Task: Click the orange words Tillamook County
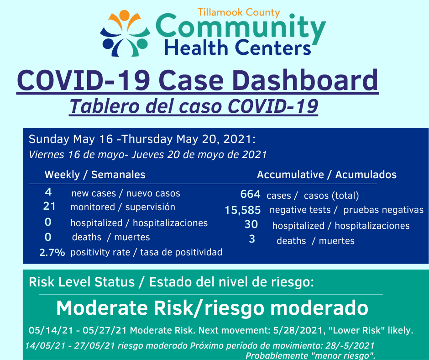pyautogui.click(x=239, y=12)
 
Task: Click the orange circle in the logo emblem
pyautogui.click(x=124, y=15)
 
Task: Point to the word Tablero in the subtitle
pyautogui.click(x=105, y=106)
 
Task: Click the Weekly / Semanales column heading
pyautogui.click(x=95, y=175)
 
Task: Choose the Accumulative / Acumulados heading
pyautogui.click(x=327, y=175)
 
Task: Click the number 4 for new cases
pyautogui.click(x=48, y=192)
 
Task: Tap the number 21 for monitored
pyautogui.click(x=49, y=206)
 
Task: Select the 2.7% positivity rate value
pyautogui.click(x=52, y=252)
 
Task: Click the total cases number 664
pyautogui.click(x=250, y=194)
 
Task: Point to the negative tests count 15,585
pyautogui.click(x=243, y=210)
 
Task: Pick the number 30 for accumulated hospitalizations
pyautogui.click(x=251, y=224)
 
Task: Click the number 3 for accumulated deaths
pyautogui.click(x=252, y=239)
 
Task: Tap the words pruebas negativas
pyautogui.click(x=383, y=210)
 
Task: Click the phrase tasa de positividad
pyautogui.click(x=181, y=252)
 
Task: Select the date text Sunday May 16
pyautogui.click(x=71, y=139)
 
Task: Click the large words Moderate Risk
pyautogui.click(x=125, y=308)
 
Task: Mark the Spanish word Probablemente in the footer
pyautogui.click(x=277, y=355)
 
